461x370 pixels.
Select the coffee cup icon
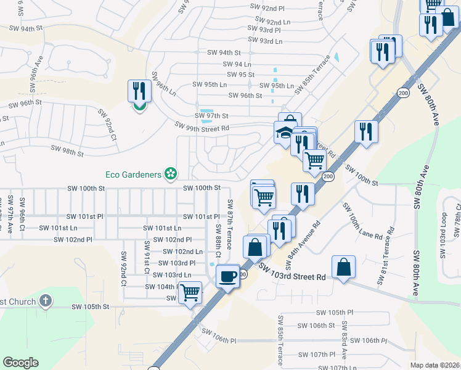click(x=228, y=276)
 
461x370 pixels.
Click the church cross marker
click(x=44, y=301)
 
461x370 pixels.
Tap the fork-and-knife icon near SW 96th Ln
click(x=140, y=91)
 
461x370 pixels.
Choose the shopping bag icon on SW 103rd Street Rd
click(x=343, y=268)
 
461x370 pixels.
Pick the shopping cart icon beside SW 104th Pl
click(x=190, y=292)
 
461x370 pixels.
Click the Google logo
click(x=21, y=363)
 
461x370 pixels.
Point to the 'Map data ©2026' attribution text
click(x=434, y=365)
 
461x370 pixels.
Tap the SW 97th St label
click(x=211, y=116)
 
